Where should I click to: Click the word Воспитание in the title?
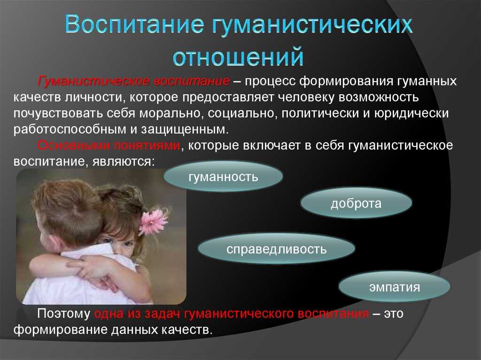pyautogui.click(x=134, y=24)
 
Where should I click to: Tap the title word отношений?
pyautogui.click(x=238, y=56)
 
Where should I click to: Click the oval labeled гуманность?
pyautogui.click(x=223, y=176)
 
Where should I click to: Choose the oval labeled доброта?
pyautogui.click(x=356, y=203)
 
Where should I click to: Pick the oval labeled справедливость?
pyautogui.click(x=276, y=249)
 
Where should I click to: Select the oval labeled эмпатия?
pyautogui.click(x=395, y=287)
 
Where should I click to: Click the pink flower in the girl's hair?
pyautogui.click(x=154, y=221)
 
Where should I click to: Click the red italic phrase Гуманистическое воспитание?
pyautogui.click(x=133, y=81)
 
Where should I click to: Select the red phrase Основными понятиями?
pyautogui.click(x=109, y=145)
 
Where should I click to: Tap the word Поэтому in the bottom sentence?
pyautogui.click(x=64, y=314)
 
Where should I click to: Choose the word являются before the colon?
pyautogui.click(x=122, y=161)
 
